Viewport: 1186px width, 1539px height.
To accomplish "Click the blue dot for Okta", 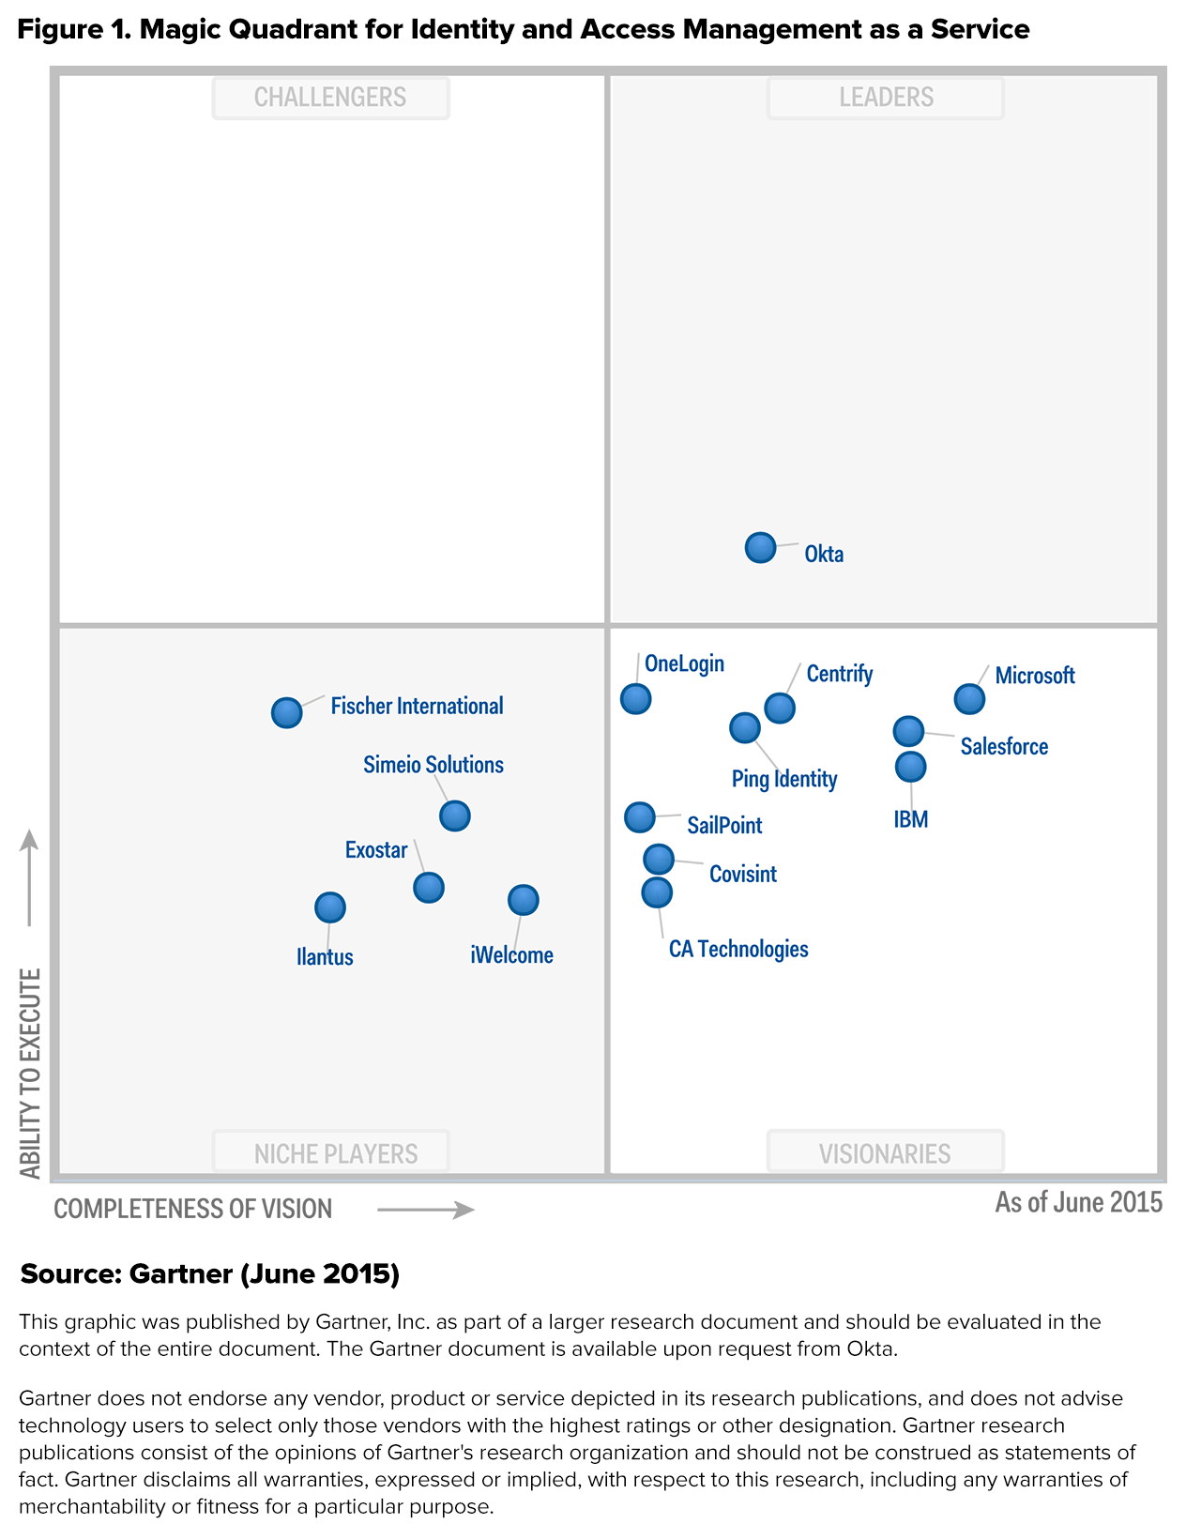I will click(x=760, y=547).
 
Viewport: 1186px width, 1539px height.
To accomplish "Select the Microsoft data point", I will click(x=969, y=699).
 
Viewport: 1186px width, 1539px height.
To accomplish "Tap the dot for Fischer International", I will click(x=286, y=713).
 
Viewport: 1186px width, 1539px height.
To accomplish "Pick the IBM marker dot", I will click(x=910, y=767).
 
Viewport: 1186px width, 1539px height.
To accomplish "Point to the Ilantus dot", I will click(x=329, y=907).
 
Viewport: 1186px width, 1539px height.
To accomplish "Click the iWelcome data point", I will click(x=523, y=900).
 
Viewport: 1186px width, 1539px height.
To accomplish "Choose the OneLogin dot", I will click(x=635, y=698).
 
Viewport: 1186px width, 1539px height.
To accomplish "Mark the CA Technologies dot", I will click(x=657, y=892).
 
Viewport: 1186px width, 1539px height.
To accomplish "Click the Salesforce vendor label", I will click(x=1004, y=747).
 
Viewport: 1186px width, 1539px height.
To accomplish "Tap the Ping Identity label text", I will click(x=784, y=779).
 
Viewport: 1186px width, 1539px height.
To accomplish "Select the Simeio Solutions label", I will click(x=433, y=765).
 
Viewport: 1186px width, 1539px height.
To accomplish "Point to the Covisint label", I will click(x=743, y=875).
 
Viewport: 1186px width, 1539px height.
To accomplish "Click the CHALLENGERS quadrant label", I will click(x=330, y=98).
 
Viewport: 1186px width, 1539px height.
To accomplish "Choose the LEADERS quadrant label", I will click(x=886, y=98).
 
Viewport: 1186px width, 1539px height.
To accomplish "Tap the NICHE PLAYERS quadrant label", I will click(x=336, y=1153).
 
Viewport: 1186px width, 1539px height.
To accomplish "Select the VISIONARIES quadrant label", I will click(x=885, y=1153).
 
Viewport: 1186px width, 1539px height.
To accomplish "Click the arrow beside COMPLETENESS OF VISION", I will click(x=426, y=1210).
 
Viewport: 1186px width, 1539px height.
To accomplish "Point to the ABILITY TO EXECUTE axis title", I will click(x=31, y=1073).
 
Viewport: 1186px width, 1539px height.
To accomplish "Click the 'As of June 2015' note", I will click(x=1078, y=1202).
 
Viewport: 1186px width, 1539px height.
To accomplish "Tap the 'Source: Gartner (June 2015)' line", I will click(x=210, y=1273).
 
